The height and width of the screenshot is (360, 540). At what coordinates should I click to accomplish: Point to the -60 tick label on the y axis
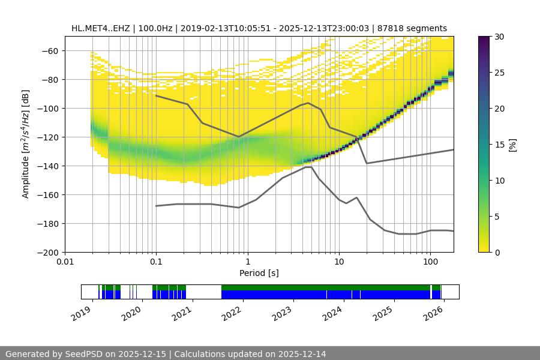pyautogui.click(x=49, y=50)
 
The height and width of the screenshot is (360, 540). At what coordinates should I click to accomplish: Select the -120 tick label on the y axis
pyautogui.click(x=46, y=137)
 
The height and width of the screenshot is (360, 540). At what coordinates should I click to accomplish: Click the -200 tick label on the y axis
pyautogui.click(x=46, y=252)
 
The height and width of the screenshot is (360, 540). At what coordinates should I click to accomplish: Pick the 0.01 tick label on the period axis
pyautogui.click(x=65, y=262)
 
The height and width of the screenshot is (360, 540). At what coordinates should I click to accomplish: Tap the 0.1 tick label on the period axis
pyautogui.click(x=156, y=262)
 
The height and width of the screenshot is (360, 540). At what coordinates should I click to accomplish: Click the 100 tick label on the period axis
pyautogui.click(x=430, y=262)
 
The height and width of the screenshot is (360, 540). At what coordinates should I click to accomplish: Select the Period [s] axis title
pyautogui.click(x=259, y=273)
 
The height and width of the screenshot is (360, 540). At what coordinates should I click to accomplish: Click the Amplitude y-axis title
pyautogui.click(x=26, y=144)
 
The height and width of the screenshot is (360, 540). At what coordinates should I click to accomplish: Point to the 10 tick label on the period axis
pyautogui.click(x=338, y=262)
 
